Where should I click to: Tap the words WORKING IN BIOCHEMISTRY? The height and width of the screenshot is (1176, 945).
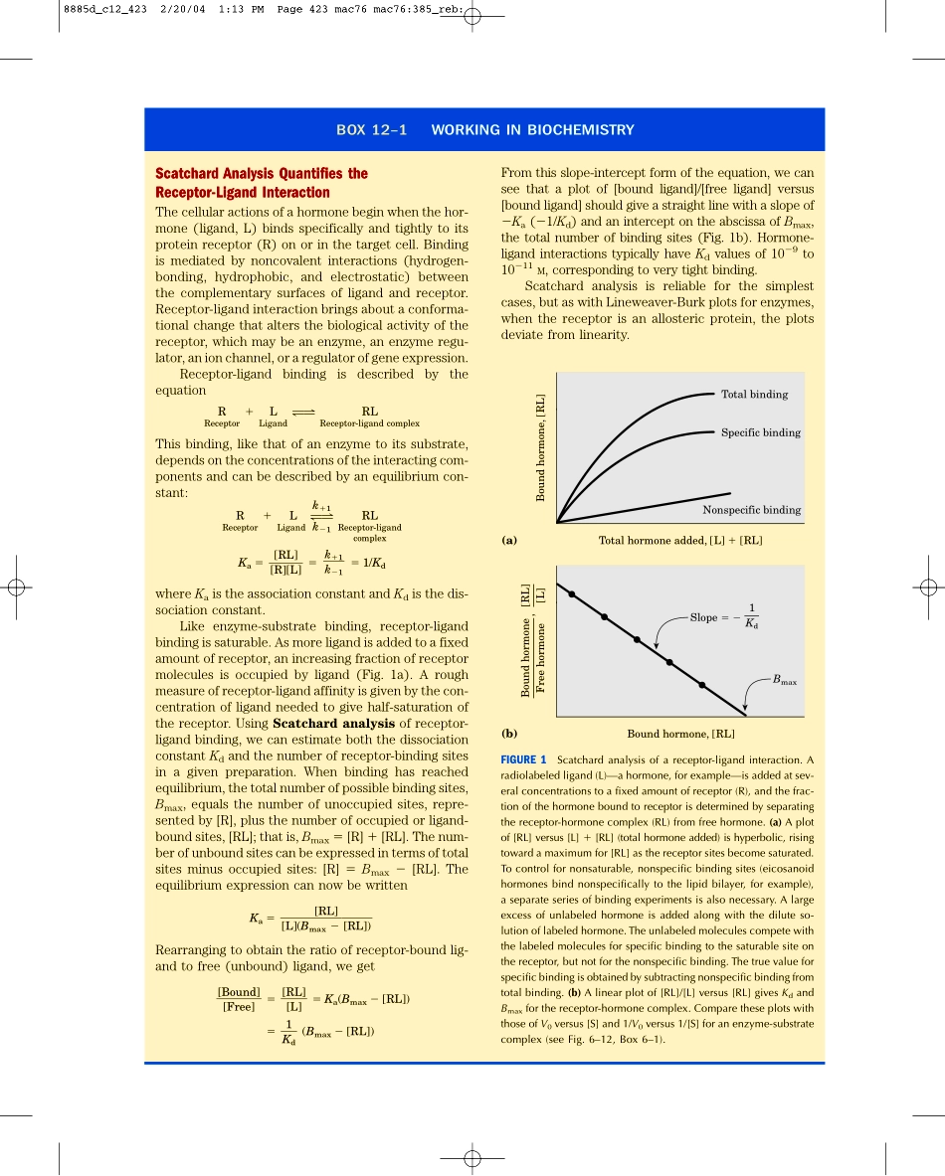pos(532,130)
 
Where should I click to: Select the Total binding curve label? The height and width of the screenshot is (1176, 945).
pos(754,395)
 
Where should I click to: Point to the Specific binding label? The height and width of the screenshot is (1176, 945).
pos(760,432)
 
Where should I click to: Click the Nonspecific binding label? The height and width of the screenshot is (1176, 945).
pos(751,510)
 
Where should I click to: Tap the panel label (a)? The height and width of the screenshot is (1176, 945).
pos(509,541)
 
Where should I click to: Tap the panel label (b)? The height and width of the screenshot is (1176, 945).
pos(509,734)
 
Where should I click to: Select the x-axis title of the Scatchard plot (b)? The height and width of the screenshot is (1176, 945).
pos(680,734)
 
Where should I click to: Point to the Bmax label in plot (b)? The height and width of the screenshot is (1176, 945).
pos(784,681)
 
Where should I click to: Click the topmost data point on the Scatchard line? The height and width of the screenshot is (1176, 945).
pos(572,594)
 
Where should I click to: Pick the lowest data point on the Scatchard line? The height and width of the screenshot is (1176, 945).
pos(702,686)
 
